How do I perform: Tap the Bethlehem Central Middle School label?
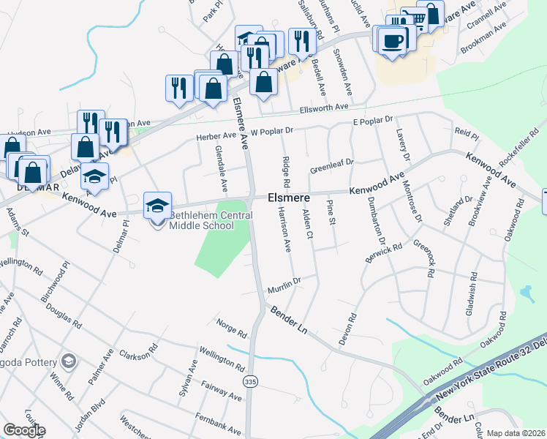(x=211, y=220)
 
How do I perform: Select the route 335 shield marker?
(x=251, y=383)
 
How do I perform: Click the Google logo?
(x=24, y=430)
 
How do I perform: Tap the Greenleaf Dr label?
(x=331, y=166)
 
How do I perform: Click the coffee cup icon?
(x=393, y=40)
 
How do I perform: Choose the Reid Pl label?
(x=467, y=136)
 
